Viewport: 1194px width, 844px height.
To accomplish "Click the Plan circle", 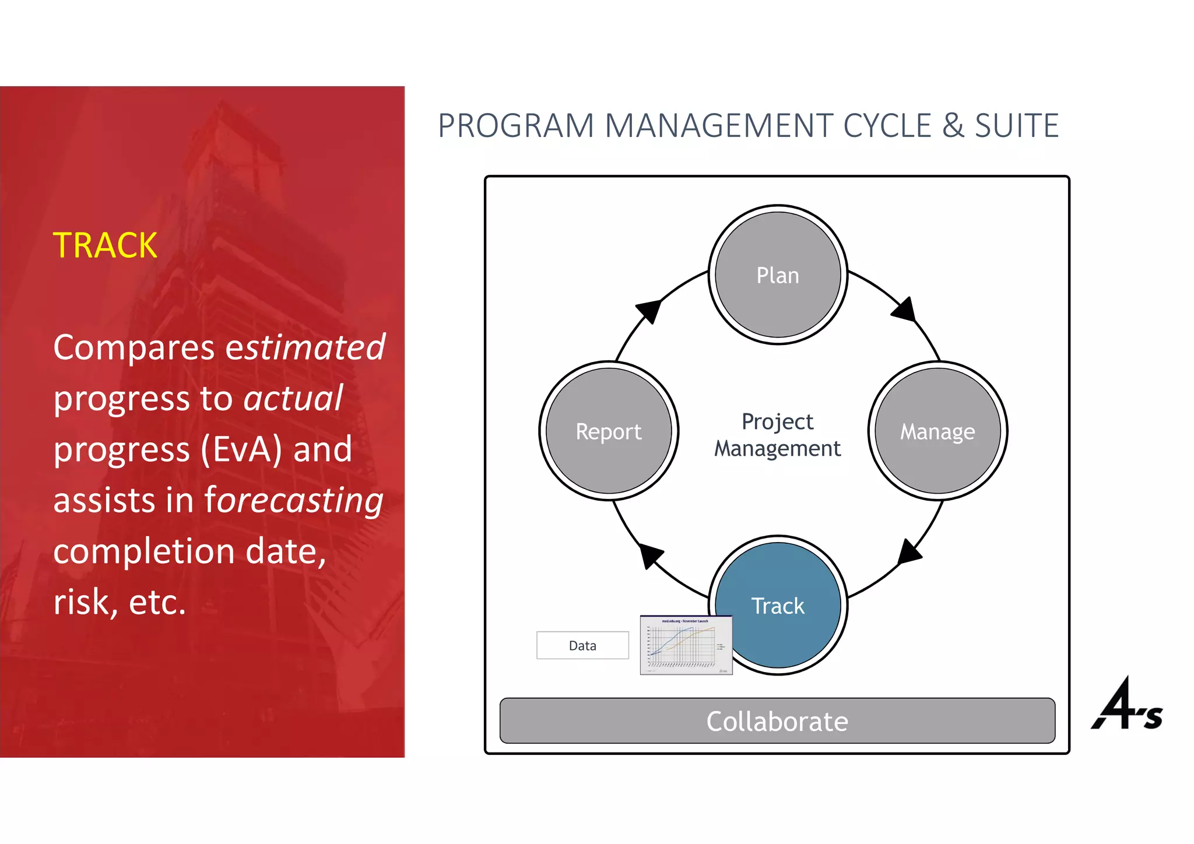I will pyautogui.click(x=778, y=275).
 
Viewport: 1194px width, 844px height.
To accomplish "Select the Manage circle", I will pyautogui.click(x=937, y=431).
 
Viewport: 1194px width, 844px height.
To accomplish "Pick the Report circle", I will pyautogui.click(x=609, y=431).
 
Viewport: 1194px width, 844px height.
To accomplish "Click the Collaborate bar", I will pyautogui.click(x=777, y=721).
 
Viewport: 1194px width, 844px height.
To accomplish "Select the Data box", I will pyautogui.click(x=582, y=645).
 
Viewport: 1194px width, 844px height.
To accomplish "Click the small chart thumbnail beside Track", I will pyautogui.click(x=686, y=645).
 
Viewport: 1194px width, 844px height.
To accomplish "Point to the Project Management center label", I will pyautogui.click(x=777, y=435).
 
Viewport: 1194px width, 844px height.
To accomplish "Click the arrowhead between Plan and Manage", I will pyautogui.click(x=905, y=310).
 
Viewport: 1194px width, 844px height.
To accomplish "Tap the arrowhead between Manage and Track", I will pyautogui.click(x=908, y=552).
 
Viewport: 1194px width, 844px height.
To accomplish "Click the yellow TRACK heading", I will pyautogui.click(x=105, y=245).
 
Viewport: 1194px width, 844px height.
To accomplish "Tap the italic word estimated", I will pyautogui.click(x=305, y=347).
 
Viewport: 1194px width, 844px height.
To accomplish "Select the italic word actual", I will pyautogui.click(x=293, y=399).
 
